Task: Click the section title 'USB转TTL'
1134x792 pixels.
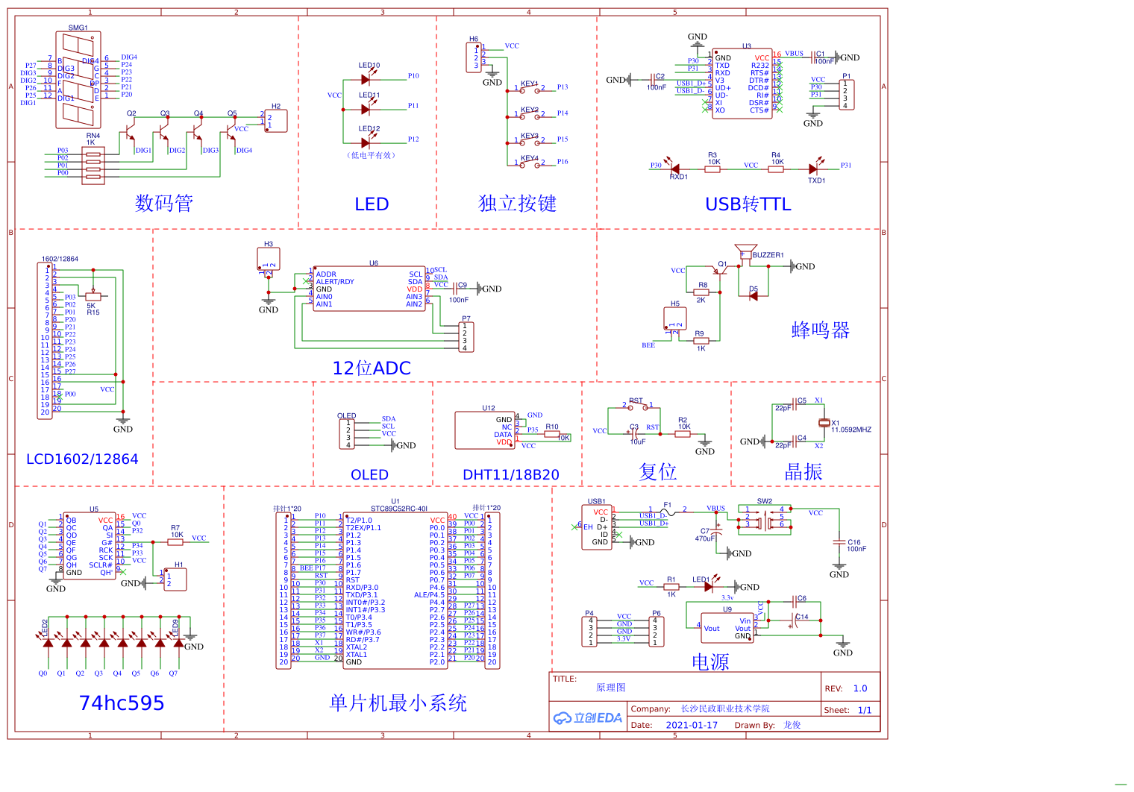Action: point(748,204)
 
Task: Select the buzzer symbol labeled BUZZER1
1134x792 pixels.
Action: point(745,251)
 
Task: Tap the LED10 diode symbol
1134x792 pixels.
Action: point(366,80)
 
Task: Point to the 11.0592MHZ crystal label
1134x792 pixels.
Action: point(851,430)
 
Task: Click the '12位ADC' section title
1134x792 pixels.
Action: point(372,368)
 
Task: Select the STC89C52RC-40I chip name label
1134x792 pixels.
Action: point(398,509)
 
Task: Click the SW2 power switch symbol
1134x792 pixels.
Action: point(765,520)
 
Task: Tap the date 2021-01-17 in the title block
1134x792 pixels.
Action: point(691,725)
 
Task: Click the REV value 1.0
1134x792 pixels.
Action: point(860,688)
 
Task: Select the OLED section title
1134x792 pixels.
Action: point(369,475)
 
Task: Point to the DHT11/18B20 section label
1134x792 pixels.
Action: point(510,475)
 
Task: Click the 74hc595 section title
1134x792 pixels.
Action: point(122,703)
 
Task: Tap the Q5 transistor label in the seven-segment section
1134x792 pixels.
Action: point(232,113)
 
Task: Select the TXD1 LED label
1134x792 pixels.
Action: point(816,180)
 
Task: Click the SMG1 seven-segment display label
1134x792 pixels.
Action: point(78,28)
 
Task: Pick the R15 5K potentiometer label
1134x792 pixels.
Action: point(93,312)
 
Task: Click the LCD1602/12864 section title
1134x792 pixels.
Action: point(82,459)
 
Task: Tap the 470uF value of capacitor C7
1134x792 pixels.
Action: point(705,538)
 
